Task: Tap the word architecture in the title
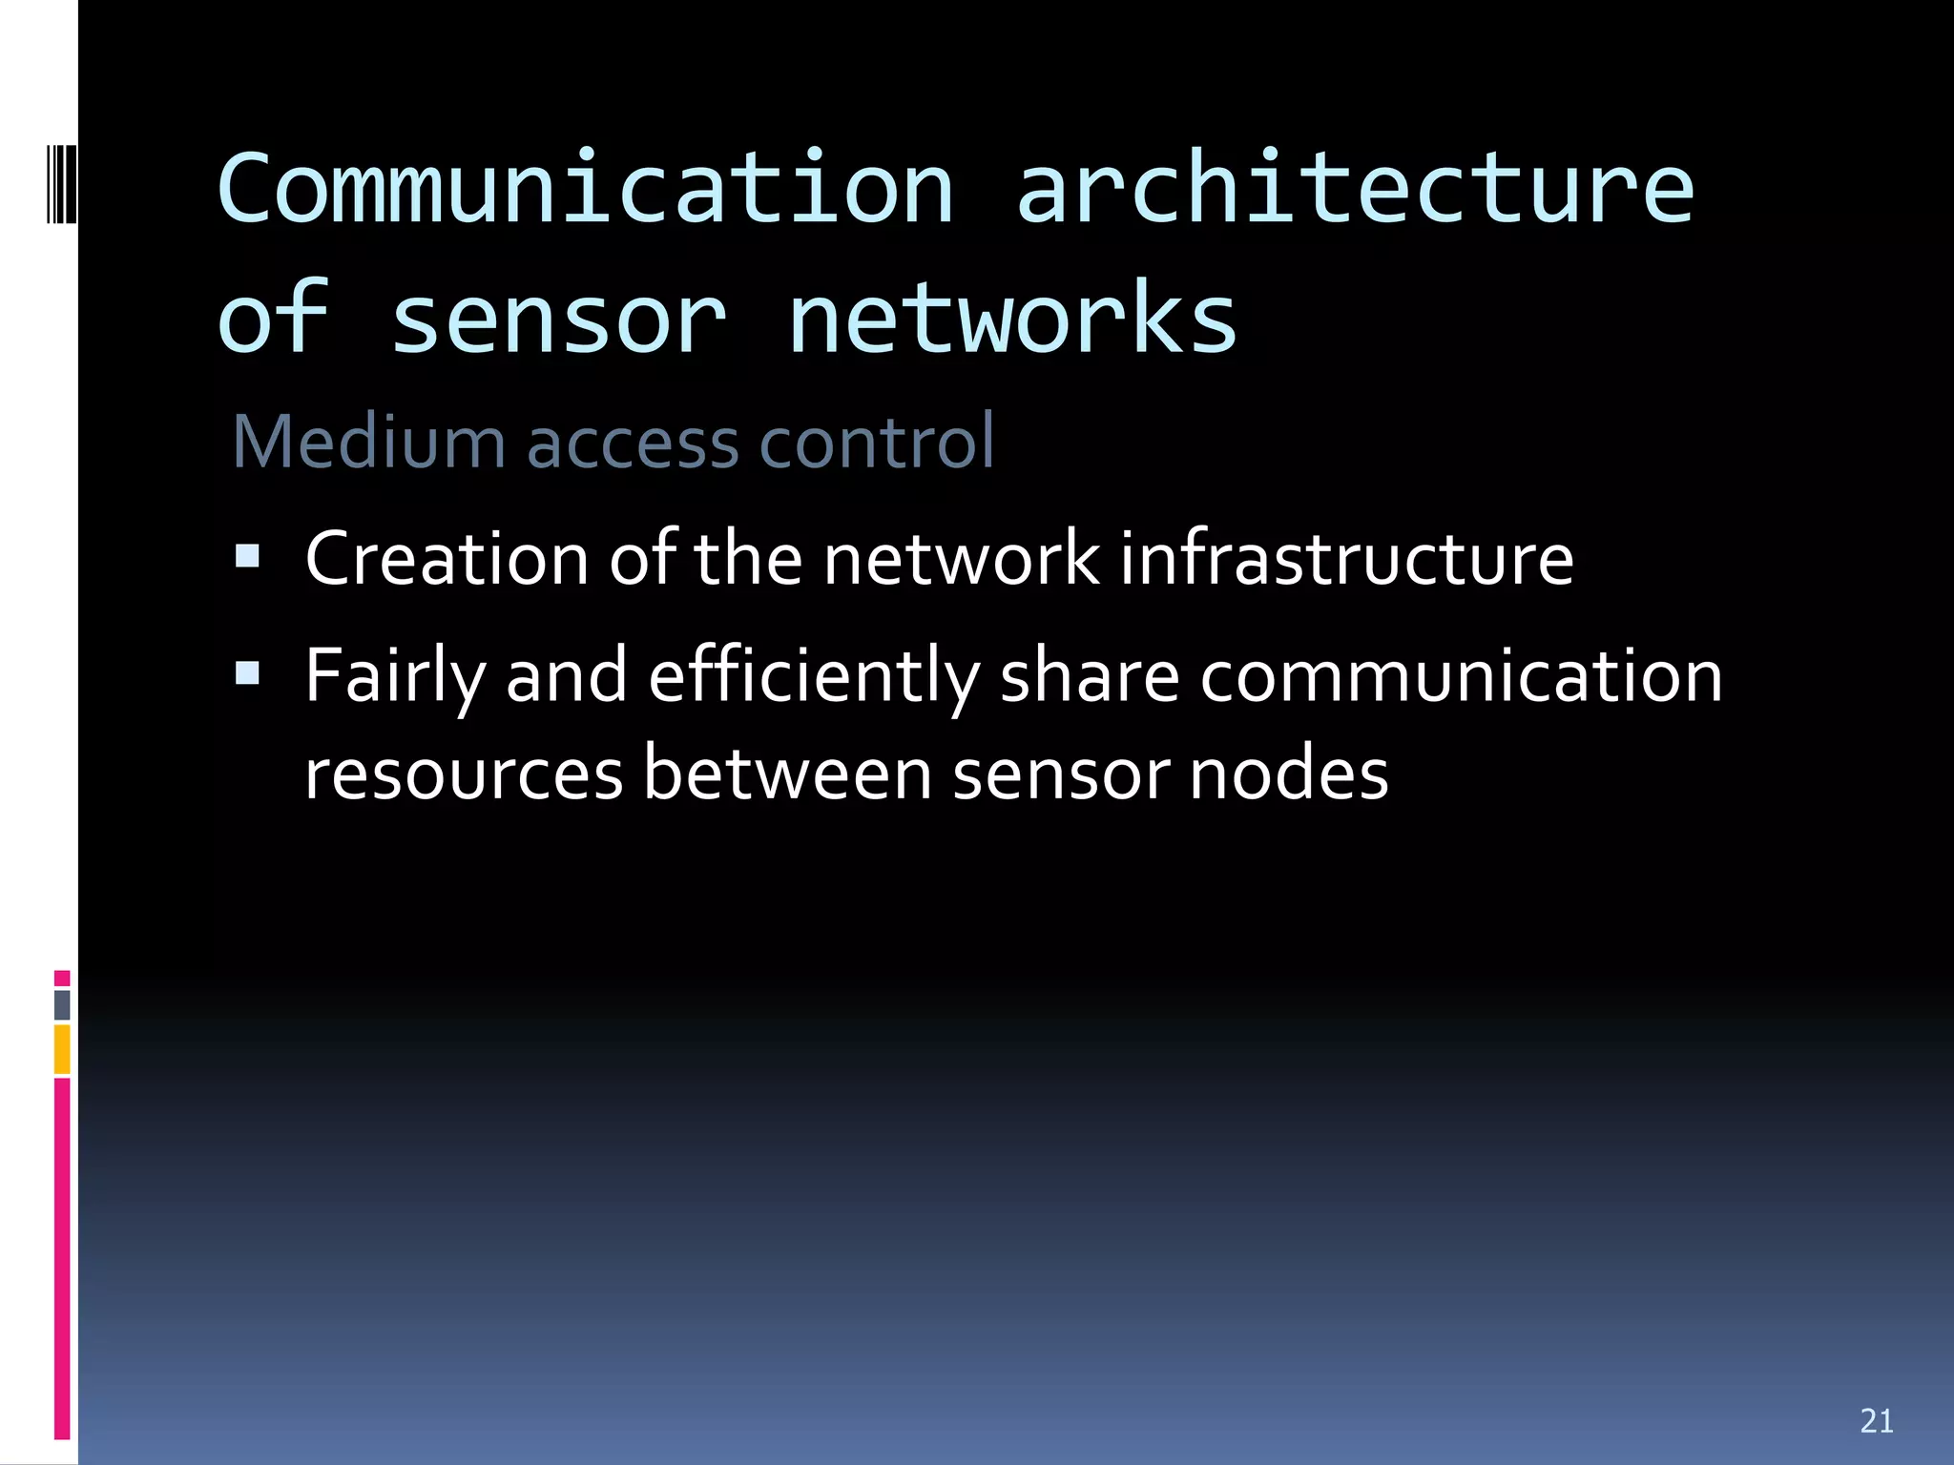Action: pyautogui.click(x=1355, y=188)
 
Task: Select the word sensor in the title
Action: pyautogui.click(x=559, y=320)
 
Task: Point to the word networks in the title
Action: pyautogui.click(x=1011, y=320)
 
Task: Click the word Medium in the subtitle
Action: pyautogui.click(x=368, y=443)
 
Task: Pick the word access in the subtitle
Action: pyautogui.click(x=633, y=444)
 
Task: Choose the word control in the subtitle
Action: pyautogui.click(x=877, y=443)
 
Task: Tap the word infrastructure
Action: pyautogui.click(x=1346, y=559)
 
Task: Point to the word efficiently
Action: pyautogui.click(x=814, y=677)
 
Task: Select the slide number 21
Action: pyautogui.click(x=1877, y=1420)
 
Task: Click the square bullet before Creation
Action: pyautogui.click(x=248, y=555)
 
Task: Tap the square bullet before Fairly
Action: pyautogui.click(x=248, y=673)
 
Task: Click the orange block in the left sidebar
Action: pyautogui.click(x=62, y=1049)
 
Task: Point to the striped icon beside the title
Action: pyautogui.click(x=61, y=183)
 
